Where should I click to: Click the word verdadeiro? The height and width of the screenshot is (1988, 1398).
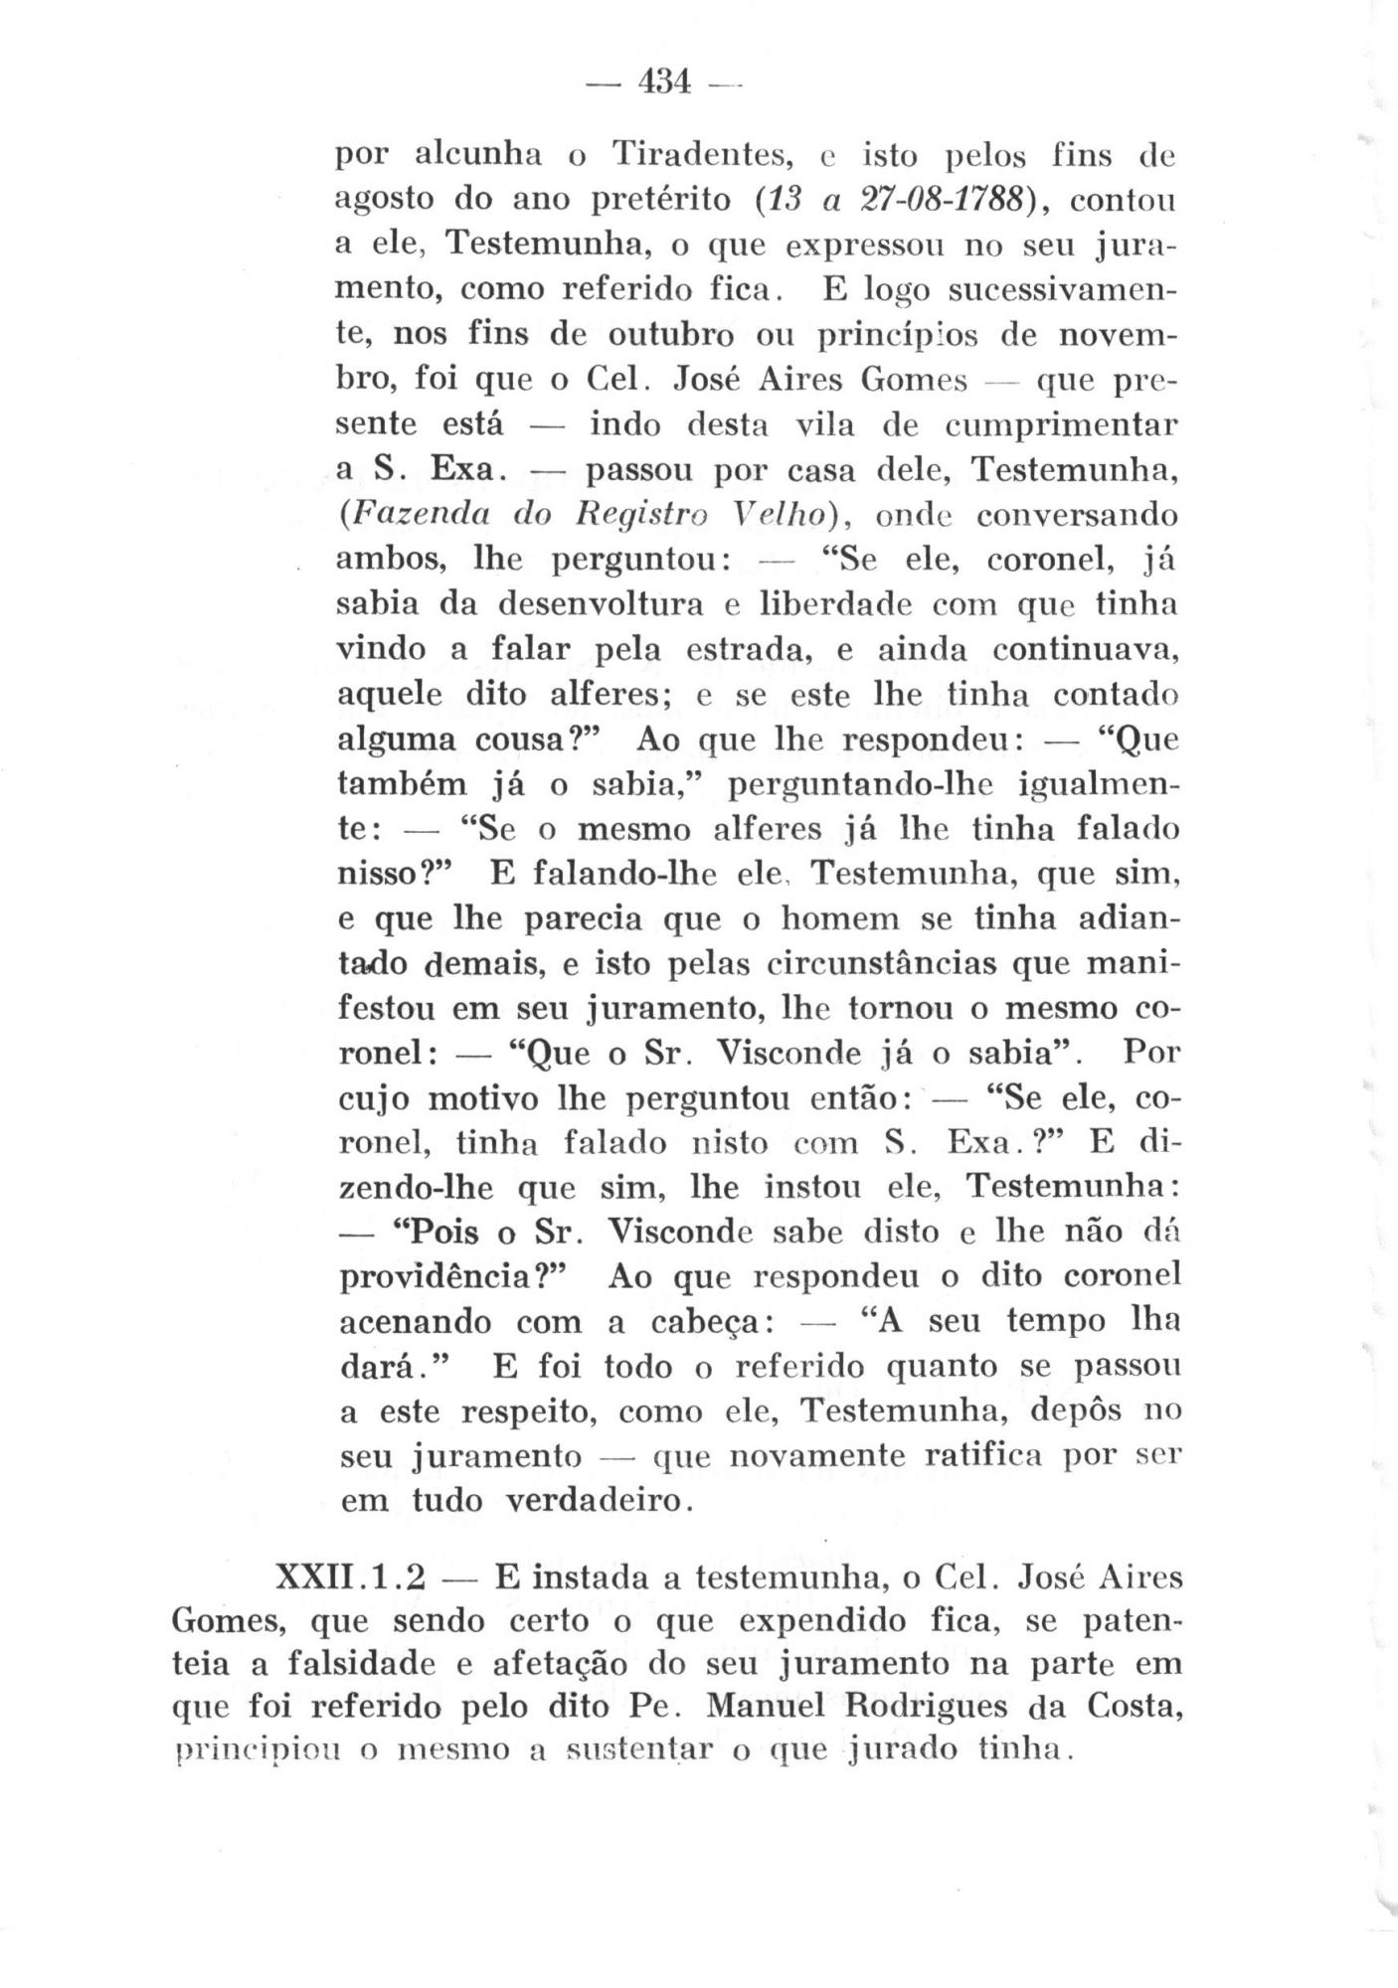click(x=594, y=1500)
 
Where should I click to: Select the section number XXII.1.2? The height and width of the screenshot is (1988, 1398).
click(x=349, y=1577)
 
